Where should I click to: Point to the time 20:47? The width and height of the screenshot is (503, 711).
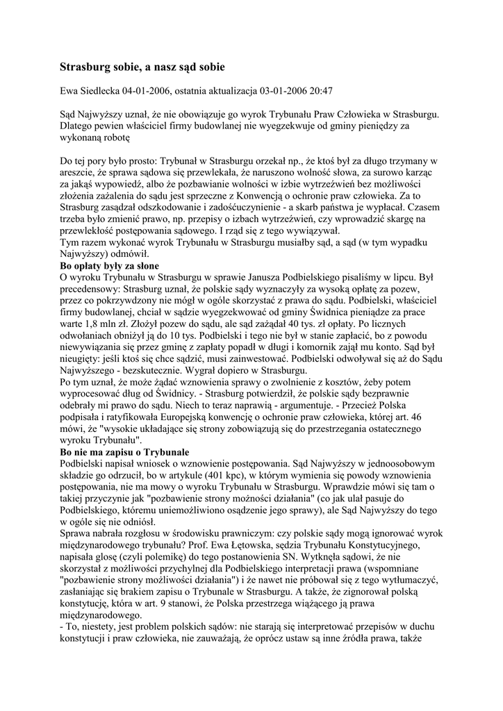(320, 90)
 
